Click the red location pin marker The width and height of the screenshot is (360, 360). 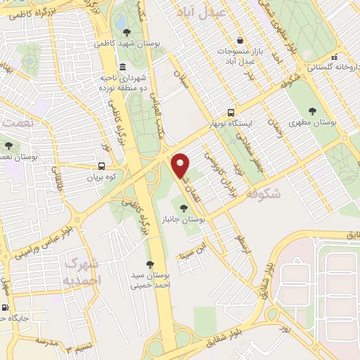pos(181,165)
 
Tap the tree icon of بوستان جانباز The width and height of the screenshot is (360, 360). pos(184,207)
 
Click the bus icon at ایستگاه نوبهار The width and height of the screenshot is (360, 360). pos(231,112)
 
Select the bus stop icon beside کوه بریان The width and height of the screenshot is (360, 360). pos(102,167)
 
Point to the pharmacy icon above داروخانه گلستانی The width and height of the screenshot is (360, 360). pos(336,57)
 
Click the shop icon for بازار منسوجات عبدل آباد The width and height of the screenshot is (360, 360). pos(241,40)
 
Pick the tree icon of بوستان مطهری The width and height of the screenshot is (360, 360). pos(312,110)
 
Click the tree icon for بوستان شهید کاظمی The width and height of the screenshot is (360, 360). pos(127,32)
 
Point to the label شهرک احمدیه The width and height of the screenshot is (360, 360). pos(83,271)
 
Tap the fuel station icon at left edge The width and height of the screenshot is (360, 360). pos(6,308)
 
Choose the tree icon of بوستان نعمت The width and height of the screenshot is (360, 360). pos(8,146)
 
